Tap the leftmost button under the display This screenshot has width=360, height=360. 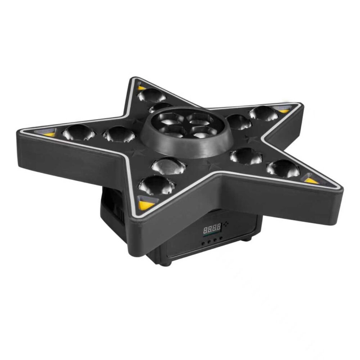pyautogui.click(x=203, y=243)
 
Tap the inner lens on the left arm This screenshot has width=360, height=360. pyautogui.click(x=119, y=134)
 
